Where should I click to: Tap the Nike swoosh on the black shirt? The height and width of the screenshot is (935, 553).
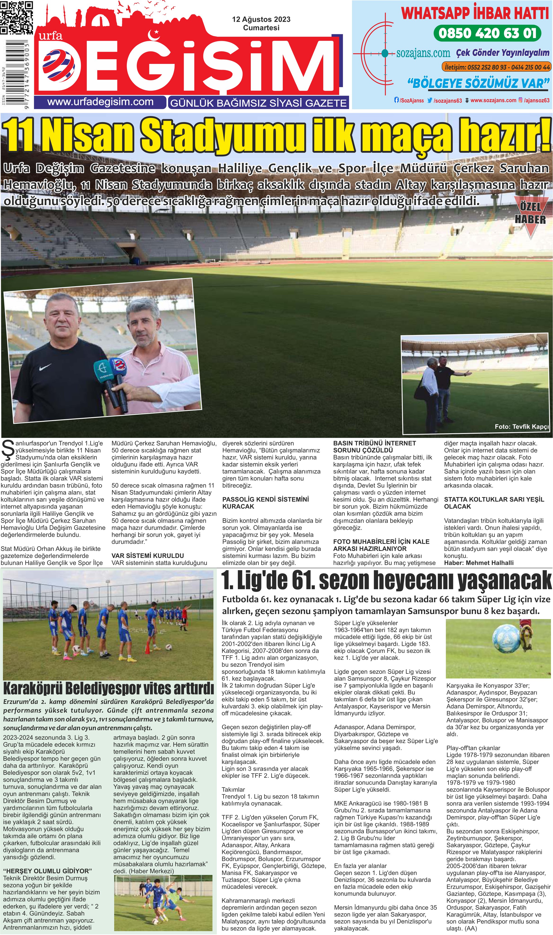45,367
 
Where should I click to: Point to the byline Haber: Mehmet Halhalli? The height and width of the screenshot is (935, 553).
478,563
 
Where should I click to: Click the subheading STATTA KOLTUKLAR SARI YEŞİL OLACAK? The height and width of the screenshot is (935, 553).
494,503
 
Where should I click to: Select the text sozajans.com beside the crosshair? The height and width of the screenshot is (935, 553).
423,53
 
